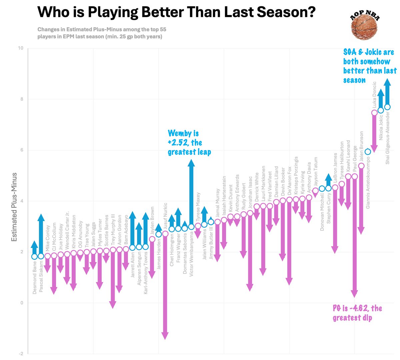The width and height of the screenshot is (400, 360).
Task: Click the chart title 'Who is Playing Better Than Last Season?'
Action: click(x=176, y=13)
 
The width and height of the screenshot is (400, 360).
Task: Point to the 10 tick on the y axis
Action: click(x=21, y=48)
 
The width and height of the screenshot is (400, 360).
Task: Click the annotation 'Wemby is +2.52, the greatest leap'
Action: click(x=189, y=143)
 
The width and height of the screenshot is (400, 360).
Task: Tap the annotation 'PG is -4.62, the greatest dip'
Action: click(x=357, y=313)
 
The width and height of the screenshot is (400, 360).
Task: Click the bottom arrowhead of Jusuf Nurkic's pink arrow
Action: click(x=165, y=337)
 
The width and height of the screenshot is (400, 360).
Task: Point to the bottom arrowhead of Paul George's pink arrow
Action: click(x=354, y=295)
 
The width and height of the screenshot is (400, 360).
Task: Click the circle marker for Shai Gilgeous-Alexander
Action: click(x=387, y=107)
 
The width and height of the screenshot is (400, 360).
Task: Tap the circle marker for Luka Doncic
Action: click(x=374, y=113)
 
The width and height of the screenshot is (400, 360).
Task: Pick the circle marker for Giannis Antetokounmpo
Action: click(x=368, y=152)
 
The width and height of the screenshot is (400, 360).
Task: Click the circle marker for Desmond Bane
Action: click(x=34, y=256)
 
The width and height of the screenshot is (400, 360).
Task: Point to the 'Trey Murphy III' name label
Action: click(x=113, y=230)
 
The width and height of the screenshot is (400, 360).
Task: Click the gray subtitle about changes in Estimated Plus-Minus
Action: click(x=102, y=33)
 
